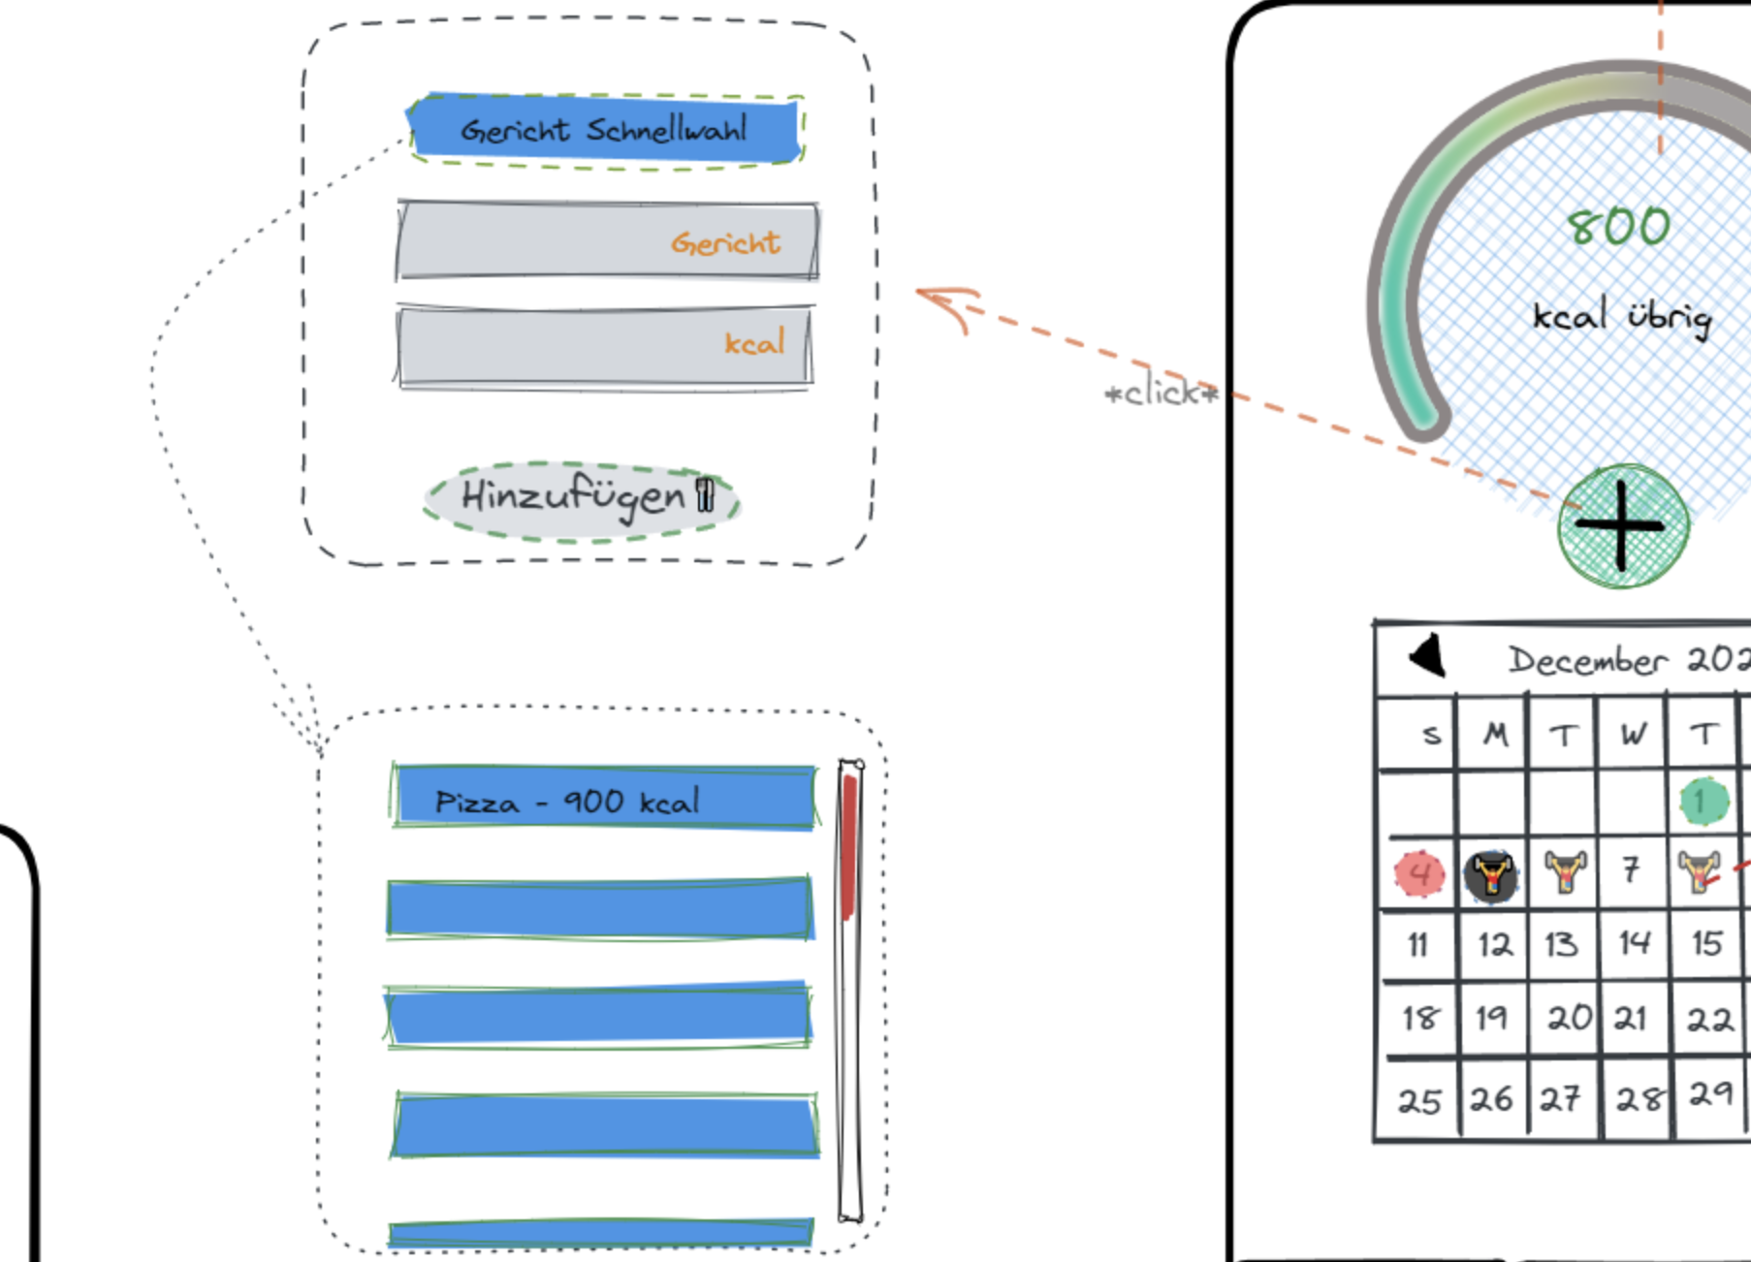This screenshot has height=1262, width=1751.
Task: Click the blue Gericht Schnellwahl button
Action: tap(604, 130)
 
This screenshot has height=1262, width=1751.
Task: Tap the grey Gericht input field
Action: tap(607, 240)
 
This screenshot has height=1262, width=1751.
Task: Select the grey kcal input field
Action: tap(605, 346)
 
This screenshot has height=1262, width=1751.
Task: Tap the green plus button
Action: tap(1623, 526)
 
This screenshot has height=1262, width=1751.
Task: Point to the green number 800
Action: tap(1618, 227)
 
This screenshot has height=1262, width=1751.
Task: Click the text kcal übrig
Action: tap(1621, 317)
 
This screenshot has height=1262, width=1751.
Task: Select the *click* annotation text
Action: tap(1161, 393)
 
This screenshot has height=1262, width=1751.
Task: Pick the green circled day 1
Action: tap(1703, 802)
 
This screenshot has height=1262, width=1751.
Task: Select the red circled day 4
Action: tap(1418, 873)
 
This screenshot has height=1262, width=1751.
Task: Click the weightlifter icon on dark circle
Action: tap(1491, 875)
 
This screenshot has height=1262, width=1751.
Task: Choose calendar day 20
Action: tap(1568, 1018)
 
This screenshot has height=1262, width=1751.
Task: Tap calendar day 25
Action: tap(1418, 1101)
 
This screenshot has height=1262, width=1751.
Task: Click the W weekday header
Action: tap(1633, 735)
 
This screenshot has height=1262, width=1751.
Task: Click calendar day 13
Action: tap(1561, 944)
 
